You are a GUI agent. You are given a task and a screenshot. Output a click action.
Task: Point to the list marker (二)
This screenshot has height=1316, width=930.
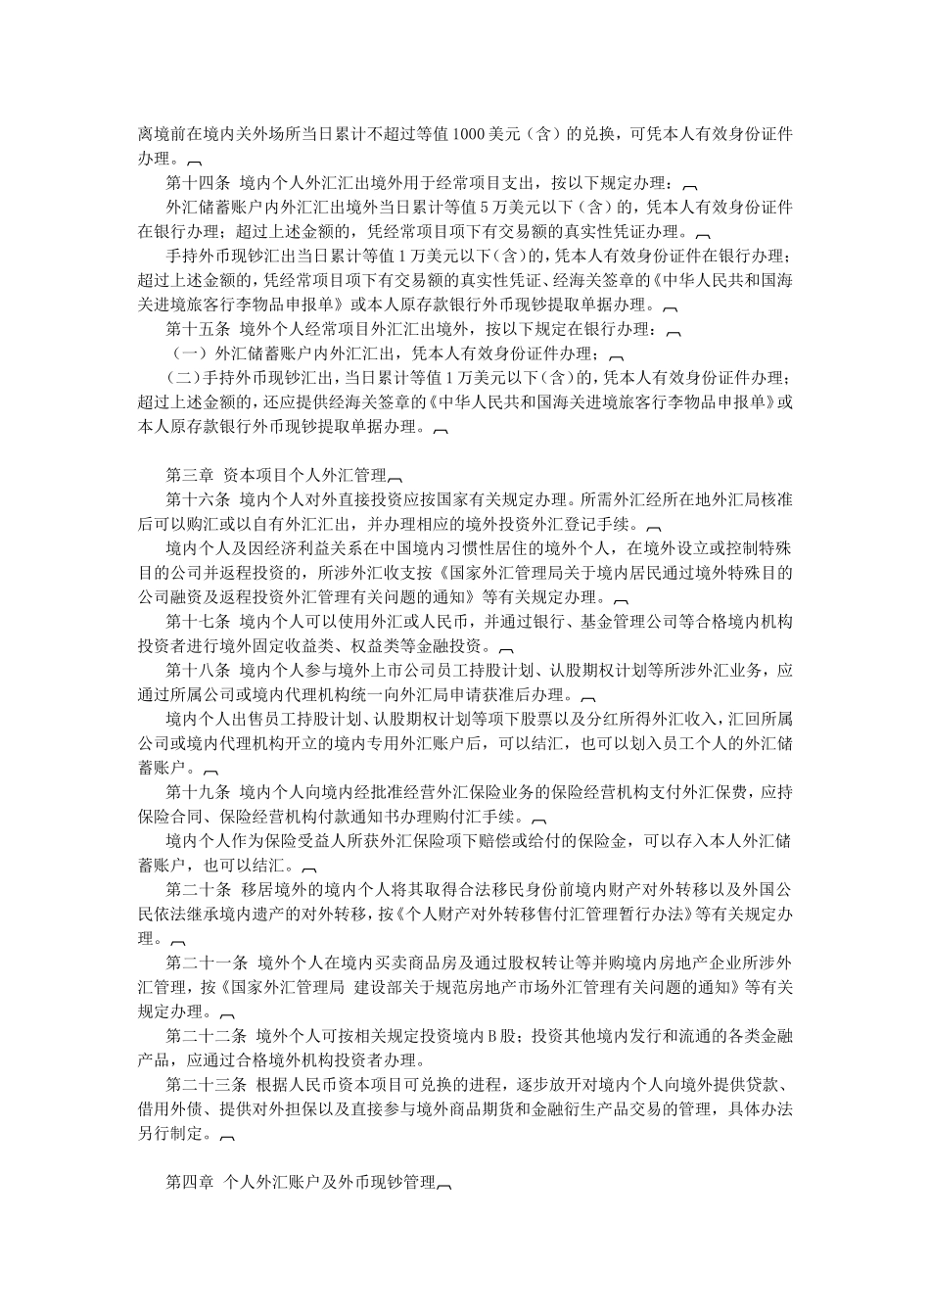pos(185,378)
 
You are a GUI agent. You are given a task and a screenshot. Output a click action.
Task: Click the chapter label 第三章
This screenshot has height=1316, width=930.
pos(189,475)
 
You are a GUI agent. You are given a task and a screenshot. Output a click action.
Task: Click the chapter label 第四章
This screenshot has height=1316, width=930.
pos(189,1182)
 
